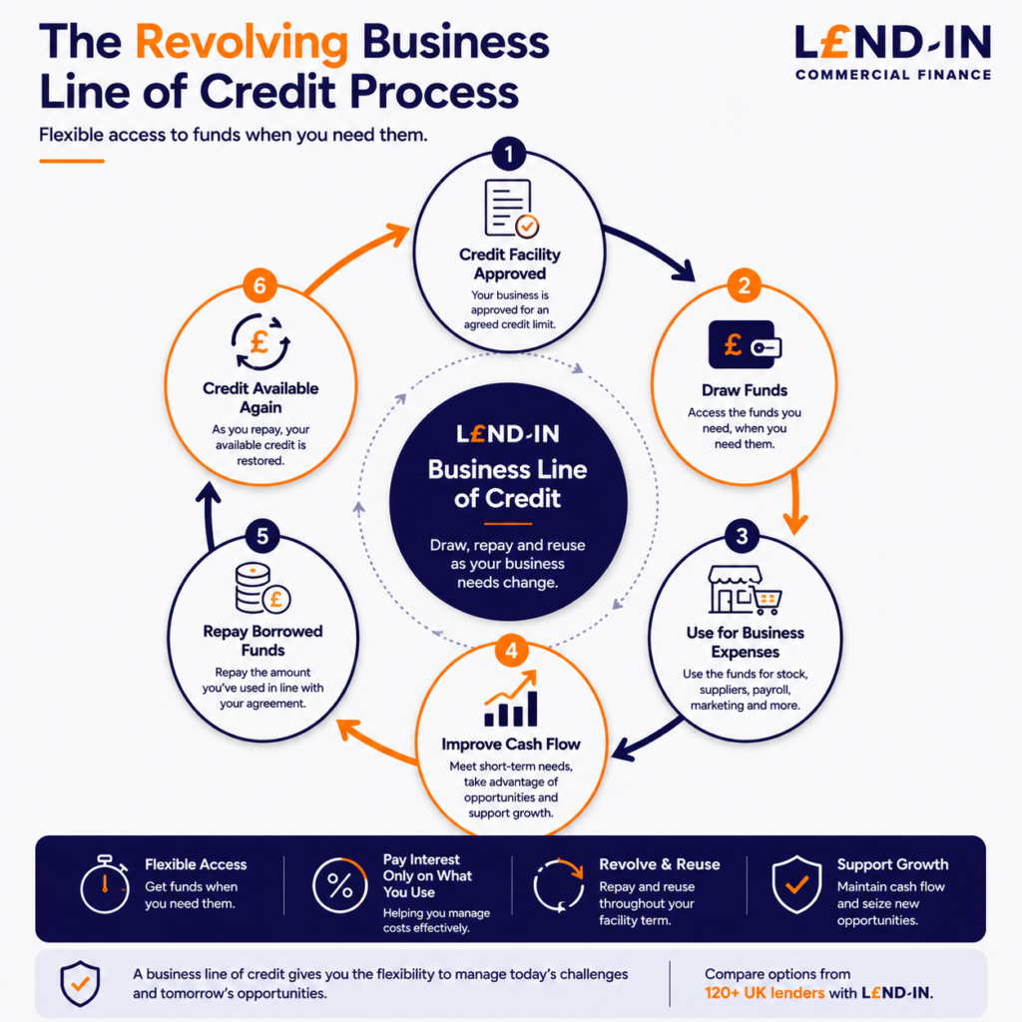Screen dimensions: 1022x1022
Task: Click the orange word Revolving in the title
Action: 242,43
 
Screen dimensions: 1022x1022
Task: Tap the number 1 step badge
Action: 509,155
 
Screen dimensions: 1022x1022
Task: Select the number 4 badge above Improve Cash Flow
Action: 512,651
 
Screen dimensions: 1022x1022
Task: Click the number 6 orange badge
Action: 259,285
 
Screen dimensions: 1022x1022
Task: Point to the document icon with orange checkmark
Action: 512,209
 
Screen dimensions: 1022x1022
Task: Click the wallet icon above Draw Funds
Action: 745,344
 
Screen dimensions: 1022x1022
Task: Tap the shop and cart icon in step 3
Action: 745,590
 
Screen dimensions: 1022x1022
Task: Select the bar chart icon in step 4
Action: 511,698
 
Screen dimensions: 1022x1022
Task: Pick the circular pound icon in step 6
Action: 260,342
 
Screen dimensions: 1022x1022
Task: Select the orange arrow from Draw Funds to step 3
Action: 795,502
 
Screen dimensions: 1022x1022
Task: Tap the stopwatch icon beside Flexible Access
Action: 104,884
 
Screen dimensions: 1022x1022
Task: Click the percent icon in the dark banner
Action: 339,885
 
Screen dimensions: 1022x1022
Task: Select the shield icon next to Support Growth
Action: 796,884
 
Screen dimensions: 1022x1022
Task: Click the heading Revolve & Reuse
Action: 660,864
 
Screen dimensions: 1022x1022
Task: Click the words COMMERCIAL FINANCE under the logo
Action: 893,75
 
